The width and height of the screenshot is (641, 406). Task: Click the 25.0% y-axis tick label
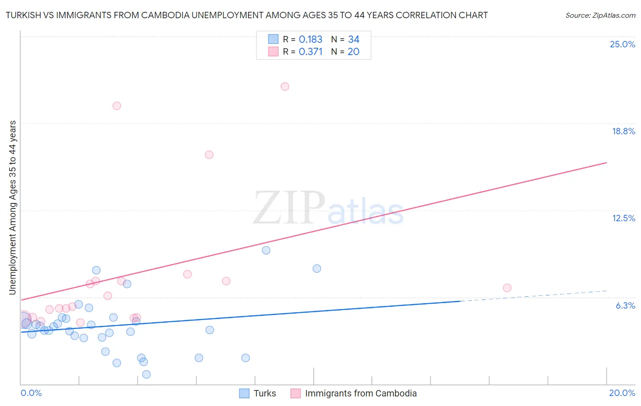(x=622, y=44)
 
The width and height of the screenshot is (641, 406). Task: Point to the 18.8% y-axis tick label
(x=623, y=131)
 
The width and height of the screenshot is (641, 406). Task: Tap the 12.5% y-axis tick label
(x=623, y=218)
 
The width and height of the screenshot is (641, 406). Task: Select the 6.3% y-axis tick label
(x=625, y=305)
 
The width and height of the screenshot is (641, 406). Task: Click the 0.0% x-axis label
(x=31, y=393)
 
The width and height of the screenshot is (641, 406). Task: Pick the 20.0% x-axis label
(x=622, y=393)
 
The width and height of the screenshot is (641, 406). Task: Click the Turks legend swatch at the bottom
(x=244, y=393)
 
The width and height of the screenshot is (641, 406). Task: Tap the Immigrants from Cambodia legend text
(x=361, y=393)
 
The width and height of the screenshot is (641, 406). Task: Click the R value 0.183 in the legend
(x=310, y=40)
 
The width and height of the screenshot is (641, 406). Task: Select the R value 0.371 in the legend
(x=310, y=52)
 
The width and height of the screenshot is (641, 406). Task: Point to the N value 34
(x=354, y=40)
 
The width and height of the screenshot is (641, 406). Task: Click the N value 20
(x=353, y=52)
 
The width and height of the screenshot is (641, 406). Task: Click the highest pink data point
(x=285, y=86)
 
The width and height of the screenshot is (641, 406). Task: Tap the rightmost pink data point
(x=507, y=288)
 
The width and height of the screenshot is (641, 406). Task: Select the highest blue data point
(x=266, y=250)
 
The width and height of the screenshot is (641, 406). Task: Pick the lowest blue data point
(x=146, y=374)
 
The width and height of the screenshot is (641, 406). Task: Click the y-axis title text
(x=13, y=208)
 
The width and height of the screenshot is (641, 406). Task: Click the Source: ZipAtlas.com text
(x=600, y=15)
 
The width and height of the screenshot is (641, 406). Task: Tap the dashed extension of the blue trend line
(x=533, y=296)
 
